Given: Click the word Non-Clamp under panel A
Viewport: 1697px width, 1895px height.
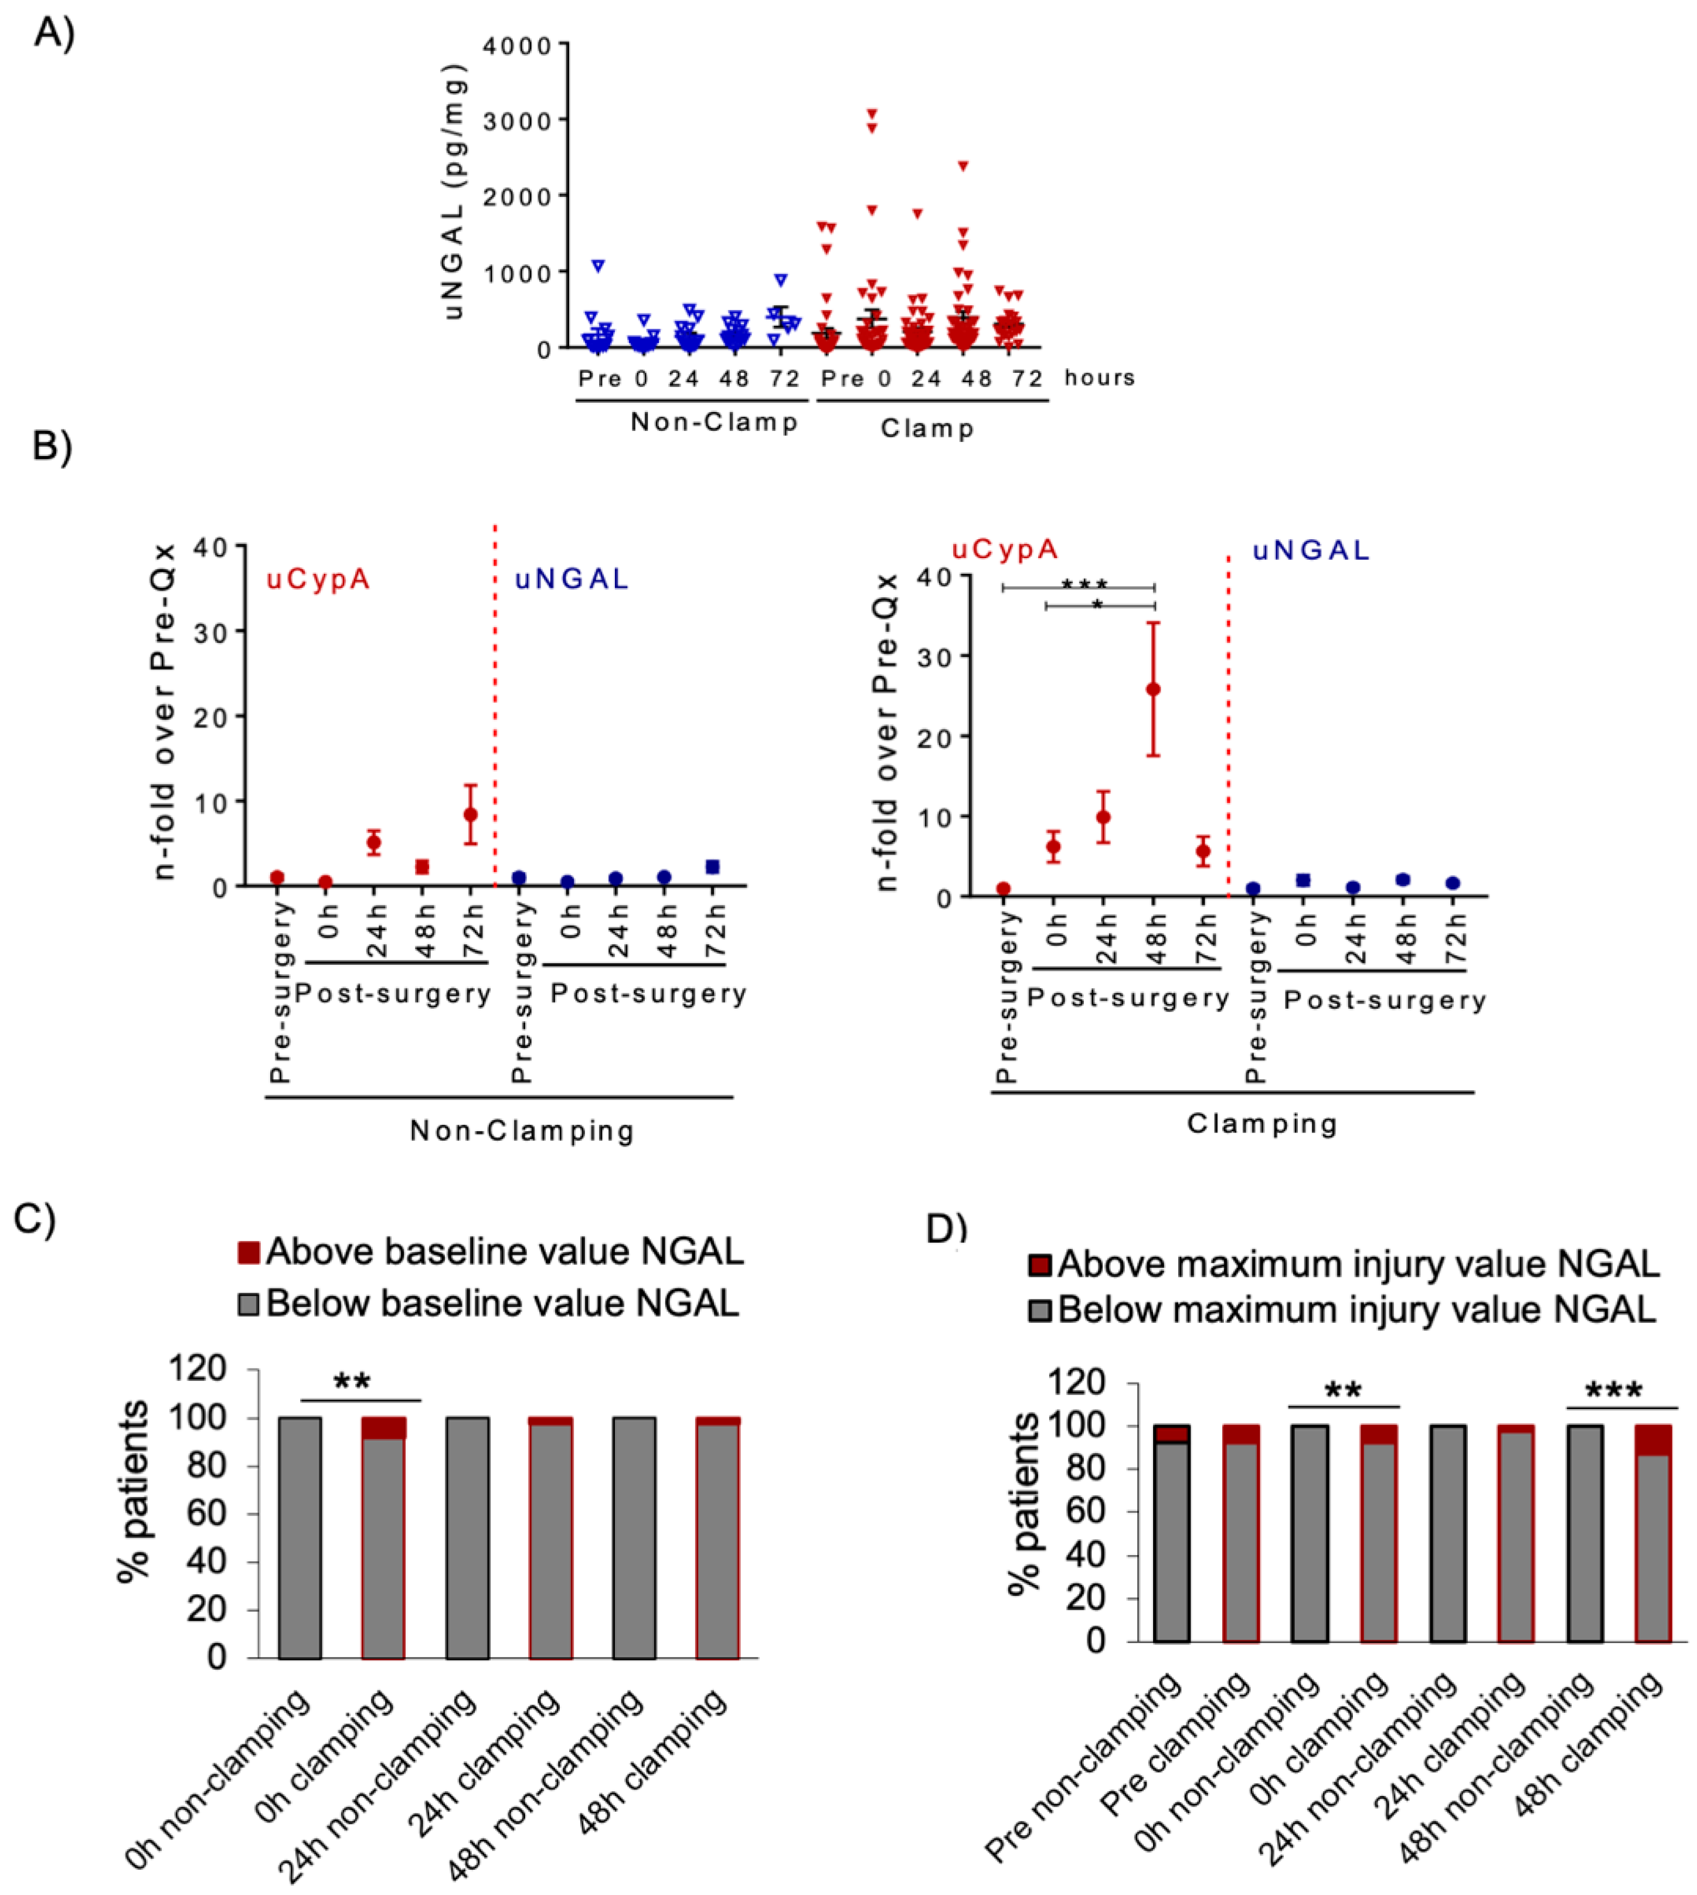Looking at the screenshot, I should click(x=714, y=422).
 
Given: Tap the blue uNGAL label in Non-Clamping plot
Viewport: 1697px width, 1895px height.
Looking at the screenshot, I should click(x=572, y=580).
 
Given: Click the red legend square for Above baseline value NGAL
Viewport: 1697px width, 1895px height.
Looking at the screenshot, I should click(x=248, y=1252).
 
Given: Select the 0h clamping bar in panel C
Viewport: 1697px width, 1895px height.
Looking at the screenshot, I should click(x=383, y=1538).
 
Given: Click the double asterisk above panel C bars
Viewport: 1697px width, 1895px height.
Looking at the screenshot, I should click(x=352, y=1382).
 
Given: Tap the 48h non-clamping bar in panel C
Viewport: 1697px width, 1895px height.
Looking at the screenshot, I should click(x=634, y=1538).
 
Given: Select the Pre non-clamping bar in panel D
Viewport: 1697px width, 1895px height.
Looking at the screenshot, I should click(x=1171, y=1538).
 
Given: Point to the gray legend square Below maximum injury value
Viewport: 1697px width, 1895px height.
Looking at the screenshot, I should click(x=1040, y=1311).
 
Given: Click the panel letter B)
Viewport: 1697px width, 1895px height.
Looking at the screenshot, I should click(x=52, y=447).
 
